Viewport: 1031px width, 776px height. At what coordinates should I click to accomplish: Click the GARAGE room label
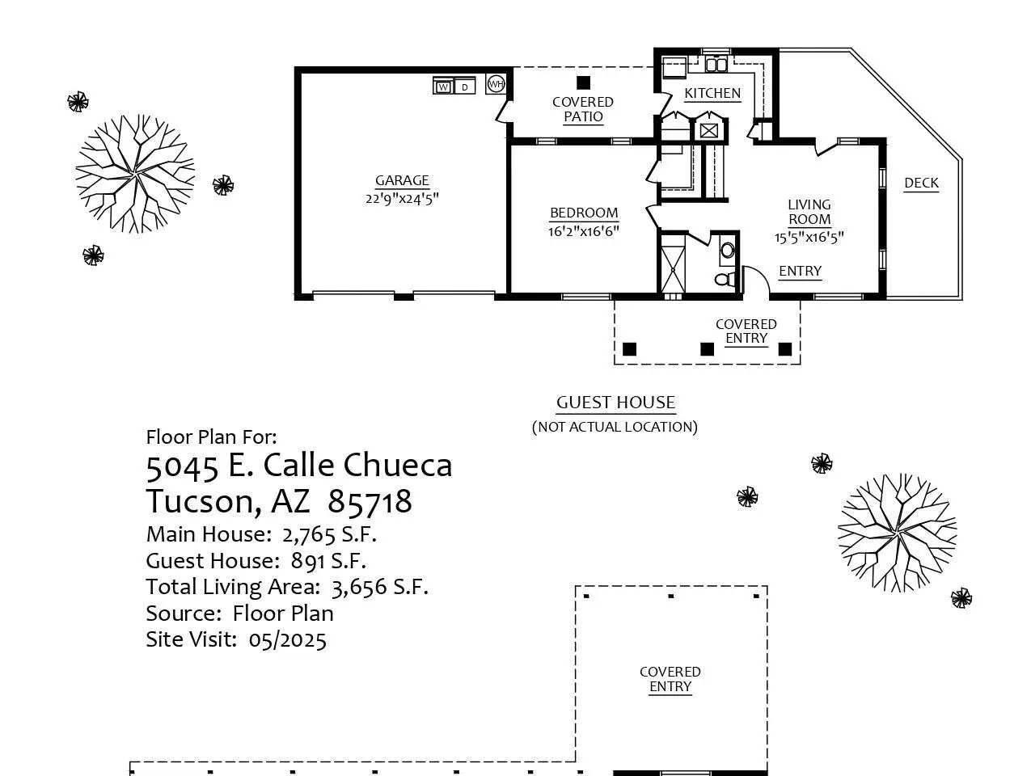pyautogui.click(x=402, y=180)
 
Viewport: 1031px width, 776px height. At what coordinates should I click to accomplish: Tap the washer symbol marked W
pyautogui.click(x=443, y=86)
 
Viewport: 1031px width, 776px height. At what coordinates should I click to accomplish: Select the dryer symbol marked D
pyautogui.click(x=464, y=86)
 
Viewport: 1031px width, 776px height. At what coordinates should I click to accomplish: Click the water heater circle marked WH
pyautogui.click(x=496, y=84)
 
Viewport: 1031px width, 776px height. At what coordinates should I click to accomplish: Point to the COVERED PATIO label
pyautogui.click(x=583, y=109)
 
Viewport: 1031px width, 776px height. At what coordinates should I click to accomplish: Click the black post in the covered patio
pyautogui.click(x=583, y=82)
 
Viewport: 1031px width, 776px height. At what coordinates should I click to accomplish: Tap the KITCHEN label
pyautogui.click(x=712, y=93)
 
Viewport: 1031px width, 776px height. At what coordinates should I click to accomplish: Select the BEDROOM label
pyautogui.click(x=584, y=213)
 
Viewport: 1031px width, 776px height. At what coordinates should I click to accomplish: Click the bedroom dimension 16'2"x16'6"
pyautogui.click(x=583, y=231)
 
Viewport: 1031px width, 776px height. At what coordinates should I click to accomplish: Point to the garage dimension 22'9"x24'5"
pyautogui.click(x=402, y=199)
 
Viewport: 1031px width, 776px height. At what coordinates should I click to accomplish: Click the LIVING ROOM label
pyautogui.click(x=809, y=212)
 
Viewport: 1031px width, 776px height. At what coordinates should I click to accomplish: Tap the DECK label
pyautogui.click(x=921, y=183)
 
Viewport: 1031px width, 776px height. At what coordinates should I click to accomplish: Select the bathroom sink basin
pyautogui.click(x=727, y=251)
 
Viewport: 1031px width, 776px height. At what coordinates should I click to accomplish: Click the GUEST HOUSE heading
pyautogui.click(x=615, y=403)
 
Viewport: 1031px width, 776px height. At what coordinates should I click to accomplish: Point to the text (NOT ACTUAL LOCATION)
pyautogui.click(x=615, y=427)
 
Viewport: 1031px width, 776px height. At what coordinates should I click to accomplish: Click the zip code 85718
pyautogui.click(x=370, y=501)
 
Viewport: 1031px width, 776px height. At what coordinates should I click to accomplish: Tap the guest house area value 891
pyautogui.click(x=306, y=560)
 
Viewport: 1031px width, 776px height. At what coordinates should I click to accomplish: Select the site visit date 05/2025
pyautogui.click(x=287, y=639)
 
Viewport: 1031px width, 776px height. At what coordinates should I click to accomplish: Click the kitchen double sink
pyautogui.click(x=716, y=65)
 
